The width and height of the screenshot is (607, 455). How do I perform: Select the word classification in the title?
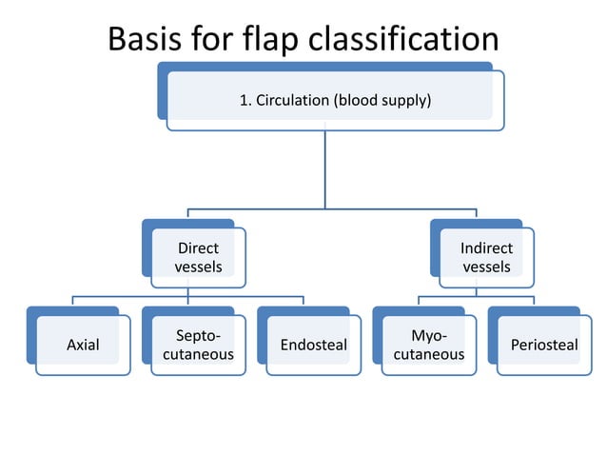[415, 39]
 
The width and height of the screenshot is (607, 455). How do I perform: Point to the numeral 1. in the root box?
[244, 100]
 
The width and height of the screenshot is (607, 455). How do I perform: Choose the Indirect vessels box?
[486, 257]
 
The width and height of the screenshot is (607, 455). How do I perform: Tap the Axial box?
[83, 345]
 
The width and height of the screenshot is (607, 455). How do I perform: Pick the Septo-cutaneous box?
[198, 345]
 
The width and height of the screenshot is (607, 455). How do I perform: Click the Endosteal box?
[313, 345]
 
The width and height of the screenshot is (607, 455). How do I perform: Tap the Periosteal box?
[543, 345]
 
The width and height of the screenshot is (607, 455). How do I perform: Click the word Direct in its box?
[198, 248]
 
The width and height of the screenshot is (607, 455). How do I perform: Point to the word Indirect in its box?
[486, 248]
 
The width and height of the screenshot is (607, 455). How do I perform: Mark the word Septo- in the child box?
[198, 335]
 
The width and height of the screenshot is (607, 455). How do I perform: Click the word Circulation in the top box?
[292, 100]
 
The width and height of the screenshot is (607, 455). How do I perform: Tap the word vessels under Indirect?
[486, 267]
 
